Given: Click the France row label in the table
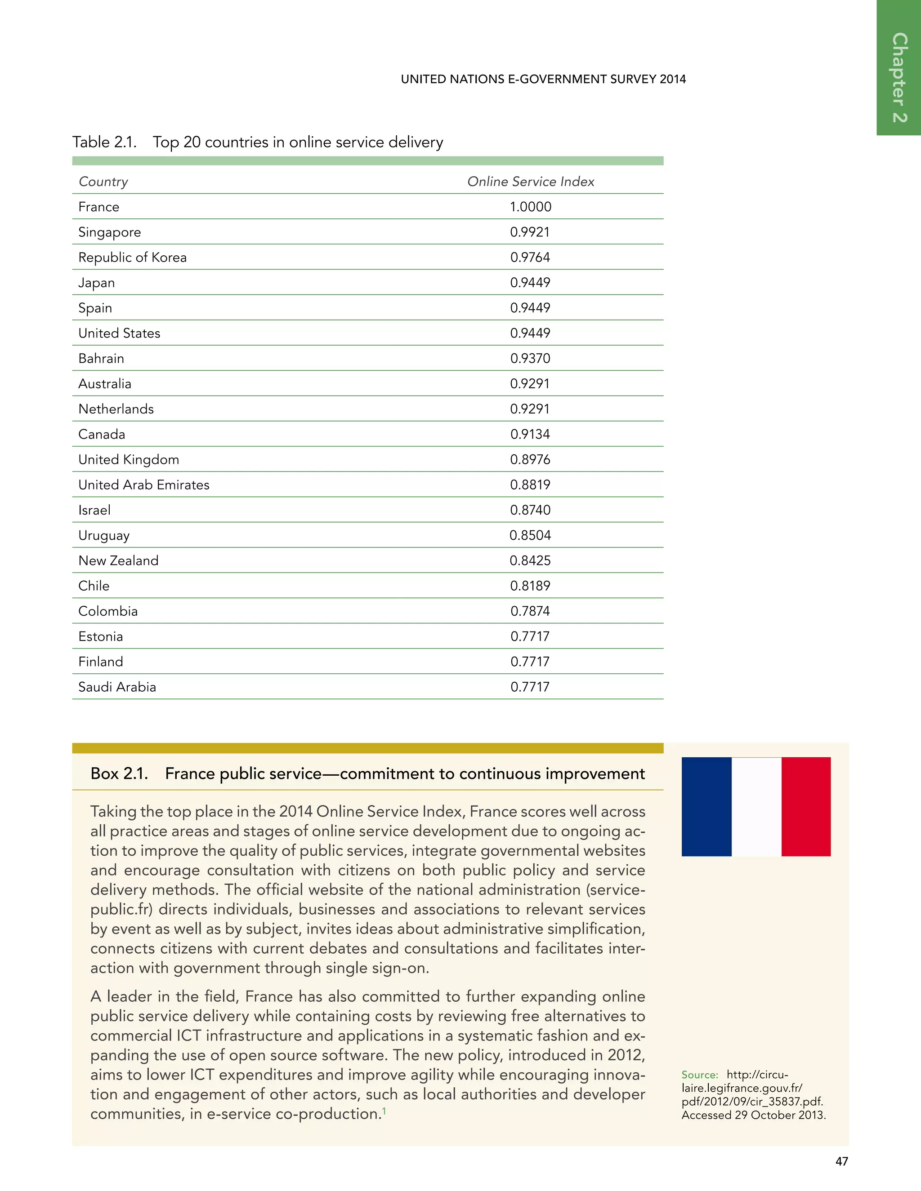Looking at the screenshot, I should [99, 207].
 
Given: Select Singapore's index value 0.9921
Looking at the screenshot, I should [530, 232].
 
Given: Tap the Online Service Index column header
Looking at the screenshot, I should [530, 182].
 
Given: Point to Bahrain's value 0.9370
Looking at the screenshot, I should [530, 358].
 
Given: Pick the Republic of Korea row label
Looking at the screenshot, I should [133, 258].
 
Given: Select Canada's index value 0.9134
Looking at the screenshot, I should [530, 434].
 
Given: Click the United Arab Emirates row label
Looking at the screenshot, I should [144, 485].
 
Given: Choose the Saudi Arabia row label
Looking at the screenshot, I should [117, 687].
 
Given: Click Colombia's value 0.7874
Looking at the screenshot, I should [530, 611].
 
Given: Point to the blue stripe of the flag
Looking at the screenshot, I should [706, 807].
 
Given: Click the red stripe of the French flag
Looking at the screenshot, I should [806, 807].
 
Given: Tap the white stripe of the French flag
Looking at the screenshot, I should [756, 807].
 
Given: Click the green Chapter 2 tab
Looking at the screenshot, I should [899, 76].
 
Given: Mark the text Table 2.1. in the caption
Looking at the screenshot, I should [105, 142].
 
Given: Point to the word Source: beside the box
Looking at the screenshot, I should [699, 1075].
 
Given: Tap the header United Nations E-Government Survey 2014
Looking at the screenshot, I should [543, 79].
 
